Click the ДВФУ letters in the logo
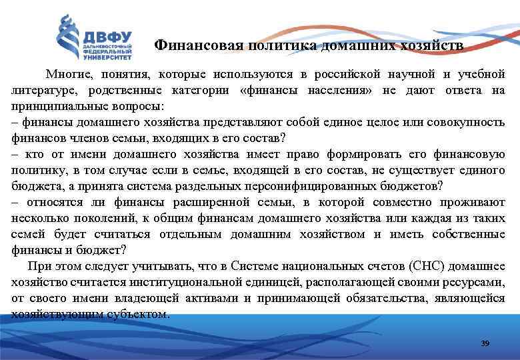(107, 36)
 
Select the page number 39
(485, 343)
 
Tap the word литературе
(43, 90)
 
